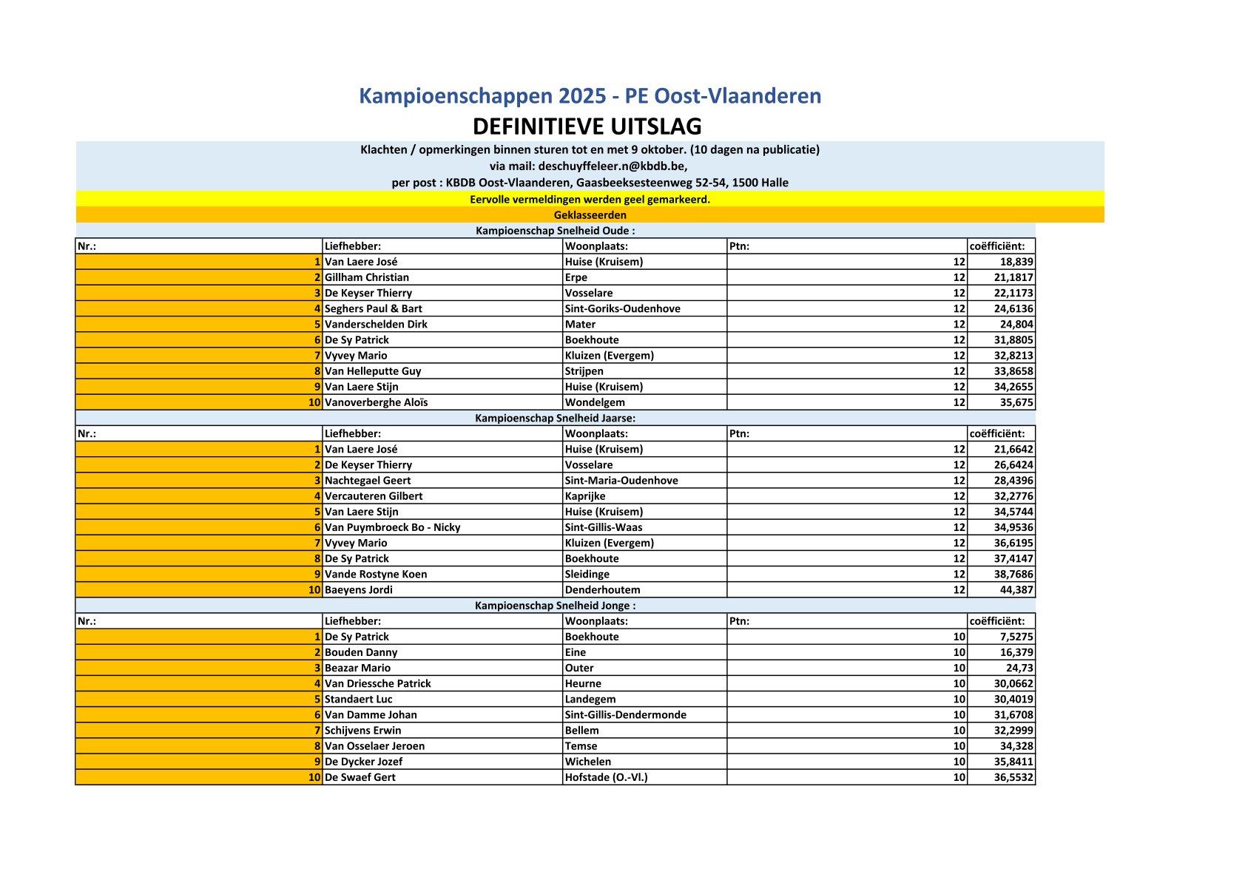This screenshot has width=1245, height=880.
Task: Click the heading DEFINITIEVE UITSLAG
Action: point(587,126)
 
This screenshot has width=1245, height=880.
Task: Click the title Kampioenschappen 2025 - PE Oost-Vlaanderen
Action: point(590,96)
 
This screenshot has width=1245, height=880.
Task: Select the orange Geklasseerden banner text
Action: point(590,215)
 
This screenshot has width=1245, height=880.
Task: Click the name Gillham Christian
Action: point(367,277)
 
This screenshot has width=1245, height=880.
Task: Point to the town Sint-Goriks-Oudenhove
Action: point(622,308)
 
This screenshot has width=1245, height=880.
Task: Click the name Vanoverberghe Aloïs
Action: point(376,402)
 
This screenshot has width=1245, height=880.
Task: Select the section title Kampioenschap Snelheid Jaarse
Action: point(555,418)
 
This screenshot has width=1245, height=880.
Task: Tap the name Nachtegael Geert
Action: point(368,480)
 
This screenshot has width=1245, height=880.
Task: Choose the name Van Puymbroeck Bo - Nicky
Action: point(392,527)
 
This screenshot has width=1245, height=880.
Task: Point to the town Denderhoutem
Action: point(602,590)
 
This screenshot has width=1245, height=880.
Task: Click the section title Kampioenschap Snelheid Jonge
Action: point(555,605)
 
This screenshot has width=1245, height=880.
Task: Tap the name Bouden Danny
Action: point(361,652)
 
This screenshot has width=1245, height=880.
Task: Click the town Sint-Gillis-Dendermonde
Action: point(625,714)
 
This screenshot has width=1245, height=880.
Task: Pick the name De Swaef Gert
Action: point(360,777)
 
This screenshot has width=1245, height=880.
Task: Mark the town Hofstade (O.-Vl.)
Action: point(606,777)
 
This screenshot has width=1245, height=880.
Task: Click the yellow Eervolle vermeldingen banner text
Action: point(590,200)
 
